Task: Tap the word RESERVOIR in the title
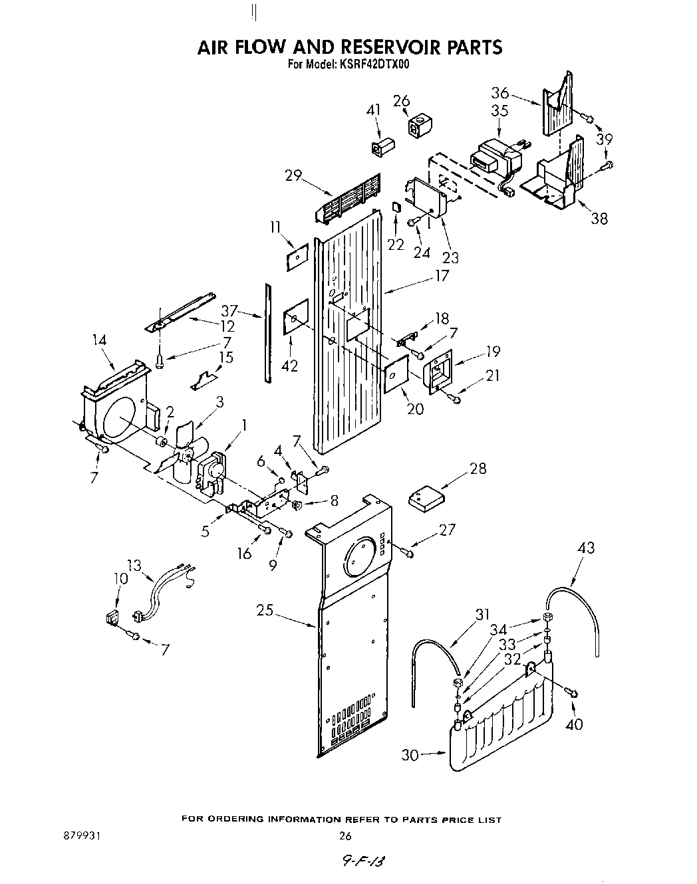tap(391, 47)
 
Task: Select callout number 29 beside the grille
tap(293, 176)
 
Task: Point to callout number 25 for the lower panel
tap(265, 609)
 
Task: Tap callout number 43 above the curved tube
tap(585, 548)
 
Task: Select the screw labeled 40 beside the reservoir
tap(572, 693)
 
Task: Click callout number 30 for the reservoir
tap(410, 755)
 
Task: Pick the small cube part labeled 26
tap(418, 126)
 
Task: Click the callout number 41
tap(374, 110)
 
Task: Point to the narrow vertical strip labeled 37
tap(267, 332)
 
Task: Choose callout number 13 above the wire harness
tap(134, 566)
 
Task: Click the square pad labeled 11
tap(297, 257)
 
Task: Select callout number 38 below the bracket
tap(599, 218)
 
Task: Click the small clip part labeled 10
tap(112, 617)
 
